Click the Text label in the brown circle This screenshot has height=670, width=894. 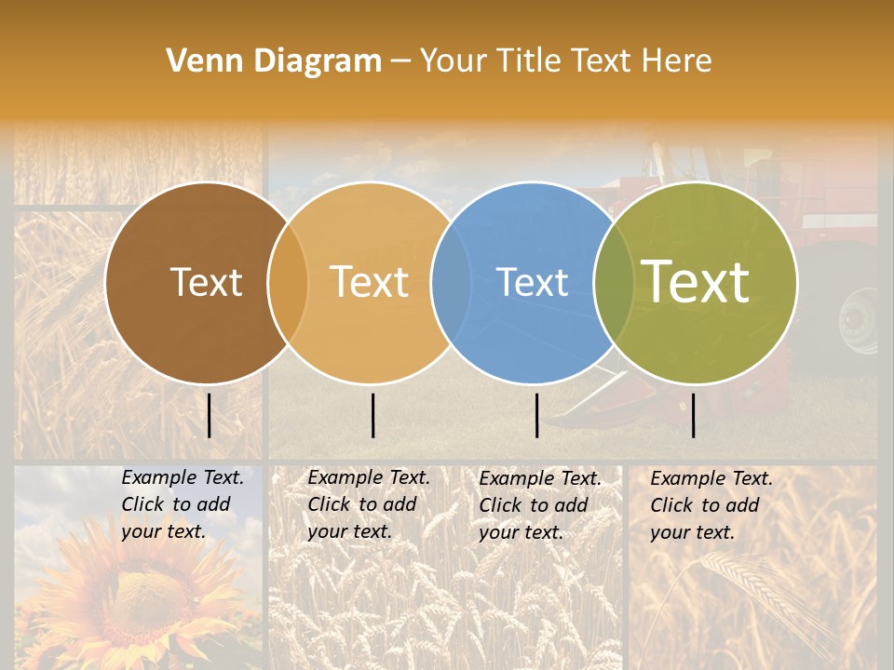[206, 282]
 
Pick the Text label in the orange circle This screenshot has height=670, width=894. [370, 282]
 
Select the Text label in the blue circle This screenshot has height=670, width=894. [533, 282]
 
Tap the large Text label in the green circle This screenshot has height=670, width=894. [696, 282]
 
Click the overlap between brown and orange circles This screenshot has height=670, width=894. [288, 283]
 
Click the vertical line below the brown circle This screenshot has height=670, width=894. [209, 415]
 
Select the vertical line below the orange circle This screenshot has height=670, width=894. [372, 415]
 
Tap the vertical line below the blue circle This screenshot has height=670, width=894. [536, 415]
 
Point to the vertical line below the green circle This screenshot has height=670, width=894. [694, 415]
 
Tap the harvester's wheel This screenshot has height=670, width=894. [859, 321]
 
